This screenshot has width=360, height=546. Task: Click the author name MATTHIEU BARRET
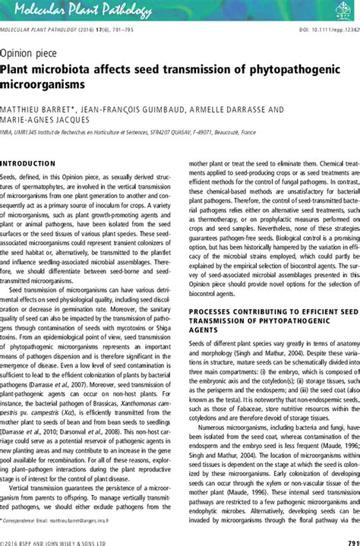pos(34,109)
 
